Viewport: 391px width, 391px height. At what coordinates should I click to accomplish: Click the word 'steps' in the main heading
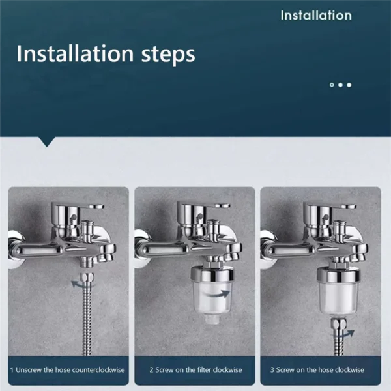coord(159,53)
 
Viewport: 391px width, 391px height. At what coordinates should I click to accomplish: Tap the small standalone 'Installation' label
coord(316,16)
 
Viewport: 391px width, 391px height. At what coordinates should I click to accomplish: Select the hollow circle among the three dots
coord(332,85)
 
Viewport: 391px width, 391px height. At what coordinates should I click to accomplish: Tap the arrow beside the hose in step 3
coord(347,332)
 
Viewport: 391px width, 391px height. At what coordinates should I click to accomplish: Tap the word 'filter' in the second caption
coord(201,369)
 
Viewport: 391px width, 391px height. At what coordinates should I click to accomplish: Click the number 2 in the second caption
coord(152,369)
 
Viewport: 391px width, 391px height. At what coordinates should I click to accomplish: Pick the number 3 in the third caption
coord(272,369)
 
